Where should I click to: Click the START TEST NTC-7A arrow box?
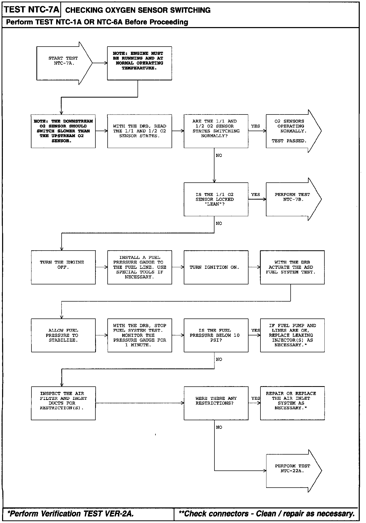[x=64, y=63]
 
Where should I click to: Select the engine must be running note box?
[x=140, y=63]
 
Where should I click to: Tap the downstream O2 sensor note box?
[x=63, y=131]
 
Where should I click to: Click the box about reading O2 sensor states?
[x=140, y=131]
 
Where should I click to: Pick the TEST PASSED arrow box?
[x=293, y=131]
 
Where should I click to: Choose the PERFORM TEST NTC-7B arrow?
[x=293, y=199]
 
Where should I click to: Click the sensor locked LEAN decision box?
[x=216, y=199]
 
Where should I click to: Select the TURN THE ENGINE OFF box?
[x=63, y=267]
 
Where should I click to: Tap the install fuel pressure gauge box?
[x=140, y=267]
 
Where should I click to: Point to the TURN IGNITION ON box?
[x=216, y=267]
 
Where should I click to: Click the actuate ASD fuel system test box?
[x=292, y=267]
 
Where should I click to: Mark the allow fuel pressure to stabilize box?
[x=63, y=335]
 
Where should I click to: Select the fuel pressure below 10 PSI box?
[x=216, y=335]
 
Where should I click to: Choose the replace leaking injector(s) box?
[x=292, y=335]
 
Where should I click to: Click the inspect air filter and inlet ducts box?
[x=63, y=403]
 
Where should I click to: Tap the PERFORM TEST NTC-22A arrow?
[x=294, y=471]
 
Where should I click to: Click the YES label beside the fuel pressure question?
[x=256, y=330]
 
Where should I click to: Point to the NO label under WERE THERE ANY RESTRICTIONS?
[x=219, y=427]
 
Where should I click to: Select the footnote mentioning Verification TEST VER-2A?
[x=71, y=514]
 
